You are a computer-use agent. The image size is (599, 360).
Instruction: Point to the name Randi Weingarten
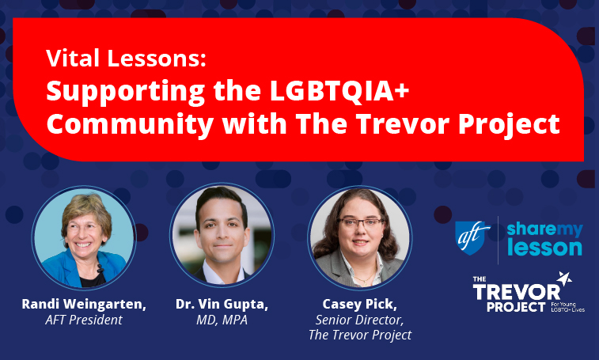pyautogui.click(x=83, y=305)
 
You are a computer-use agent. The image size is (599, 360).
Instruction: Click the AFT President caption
pyautogui.click(x=83, y=320)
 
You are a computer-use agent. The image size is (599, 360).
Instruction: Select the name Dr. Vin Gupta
pyautogui.click(x=222, y=305)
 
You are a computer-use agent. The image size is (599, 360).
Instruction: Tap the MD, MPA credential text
pyautogui.click(x=222, y=320)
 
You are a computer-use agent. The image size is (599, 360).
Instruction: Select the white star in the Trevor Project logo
pyautogui.click(x=564, y=279)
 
